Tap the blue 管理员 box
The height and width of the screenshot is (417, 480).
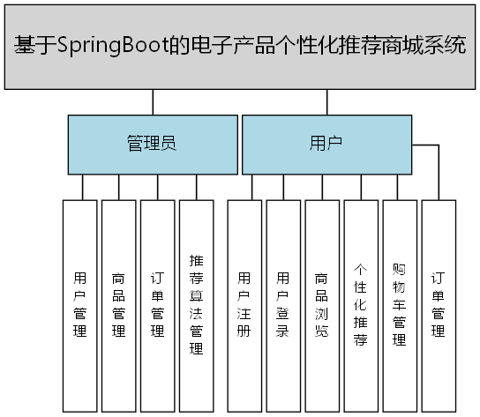coord(152,143)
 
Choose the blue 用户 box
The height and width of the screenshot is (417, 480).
coord(326,143)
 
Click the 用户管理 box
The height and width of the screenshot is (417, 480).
coord(80,304)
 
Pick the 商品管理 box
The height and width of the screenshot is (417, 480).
coord(119,304)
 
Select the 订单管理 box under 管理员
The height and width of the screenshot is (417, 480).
coord(158,304)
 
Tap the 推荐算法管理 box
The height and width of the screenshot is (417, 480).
coord(197,304)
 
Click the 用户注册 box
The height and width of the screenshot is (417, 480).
coord(244,304)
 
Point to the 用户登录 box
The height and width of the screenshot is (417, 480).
coord(283,304)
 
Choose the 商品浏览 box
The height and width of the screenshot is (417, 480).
coord(322,304)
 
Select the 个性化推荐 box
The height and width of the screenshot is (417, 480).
coord(361,304)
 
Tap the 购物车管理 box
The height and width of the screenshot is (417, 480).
coord(400,304)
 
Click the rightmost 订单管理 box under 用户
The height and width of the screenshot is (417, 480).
coord(439,304)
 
